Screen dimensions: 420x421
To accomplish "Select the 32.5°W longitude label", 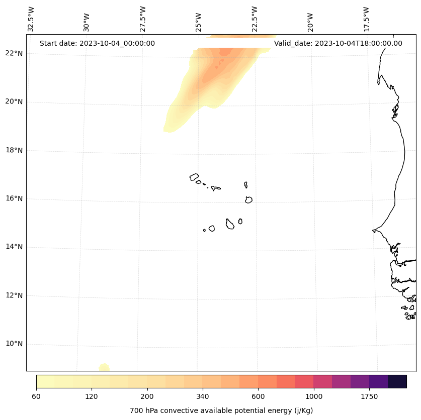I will tap(31, 19).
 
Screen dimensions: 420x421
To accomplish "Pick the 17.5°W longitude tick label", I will tap(366, 19).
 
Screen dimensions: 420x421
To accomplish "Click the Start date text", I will tap(97, 43).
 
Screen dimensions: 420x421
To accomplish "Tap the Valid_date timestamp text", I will tap(338, 43).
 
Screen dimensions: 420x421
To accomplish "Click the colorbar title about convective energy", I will tap(221, 410).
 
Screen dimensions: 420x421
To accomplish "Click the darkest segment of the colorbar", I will tap(397, 381).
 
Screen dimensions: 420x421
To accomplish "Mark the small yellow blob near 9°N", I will tap(104, 368).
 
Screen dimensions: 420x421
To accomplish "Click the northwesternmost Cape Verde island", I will tap(194, 177).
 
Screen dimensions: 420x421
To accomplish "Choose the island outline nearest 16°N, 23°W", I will tap(248, 200).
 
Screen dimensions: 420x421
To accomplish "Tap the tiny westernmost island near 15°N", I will tap(204, 230).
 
